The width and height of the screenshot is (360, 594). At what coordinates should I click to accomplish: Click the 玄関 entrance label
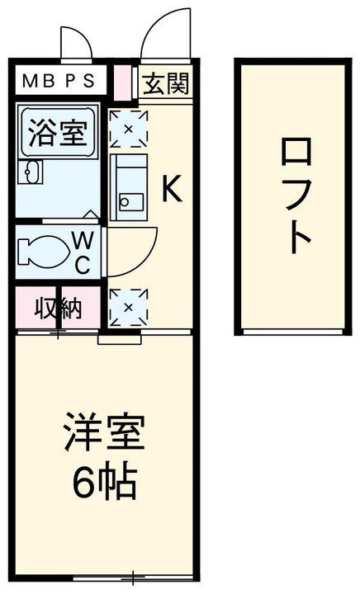tap(167, 82)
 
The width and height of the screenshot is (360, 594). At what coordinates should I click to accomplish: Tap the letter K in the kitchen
tap(170, 190)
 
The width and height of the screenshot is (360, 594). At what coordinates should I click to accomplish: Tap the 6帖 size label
tap(104, 483)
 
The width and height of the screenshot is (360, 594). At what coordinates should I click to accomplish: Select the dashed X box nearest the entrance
tap(128, 129)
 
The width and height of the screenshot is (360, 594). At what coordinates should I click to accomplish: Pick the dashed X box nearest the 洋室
tap(128, 307)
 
